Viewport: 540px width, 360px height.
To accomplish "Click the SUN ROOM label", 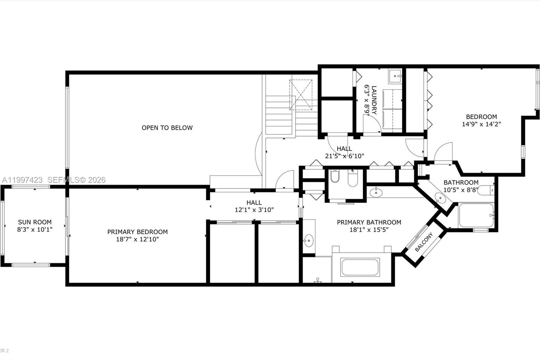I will click(x=35, y=222).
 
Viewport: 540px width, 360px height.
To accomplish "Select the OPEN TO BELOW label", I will click(x=167, y=128).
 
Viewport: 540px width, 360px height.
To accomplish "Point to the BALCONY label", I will click(x=424, y=242).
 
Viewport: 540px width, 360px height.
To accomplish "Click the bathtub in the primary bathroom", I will click(x=360, y=267).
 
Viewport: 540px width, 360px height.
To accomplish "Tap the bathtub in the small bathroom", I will click(x=475, y=215).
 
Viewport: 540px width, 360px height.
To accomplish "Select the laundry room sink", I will click(x=395, y=76).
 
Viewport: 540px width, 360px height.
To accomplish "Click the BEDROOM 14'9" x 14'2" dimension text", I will click(x=481, y=124).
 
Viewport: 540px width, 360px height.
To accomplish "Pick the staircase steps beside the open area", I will click(x=279, y=115).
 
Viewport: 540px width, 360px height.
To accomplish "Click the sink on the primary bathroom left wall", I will click(x=308, y=241).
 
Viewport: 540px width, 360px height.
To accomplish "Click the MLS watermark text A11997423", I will click(x=22, y=180).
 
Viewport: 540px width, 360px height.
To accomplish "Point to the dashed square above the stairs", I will click(x=301, y=95).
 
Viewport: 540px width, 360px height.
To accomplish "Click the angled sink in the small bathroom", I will click(x=440, y=198).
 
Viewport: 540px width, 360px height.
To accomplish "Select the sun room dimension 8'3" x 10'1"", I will click(x=35, y=230).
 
